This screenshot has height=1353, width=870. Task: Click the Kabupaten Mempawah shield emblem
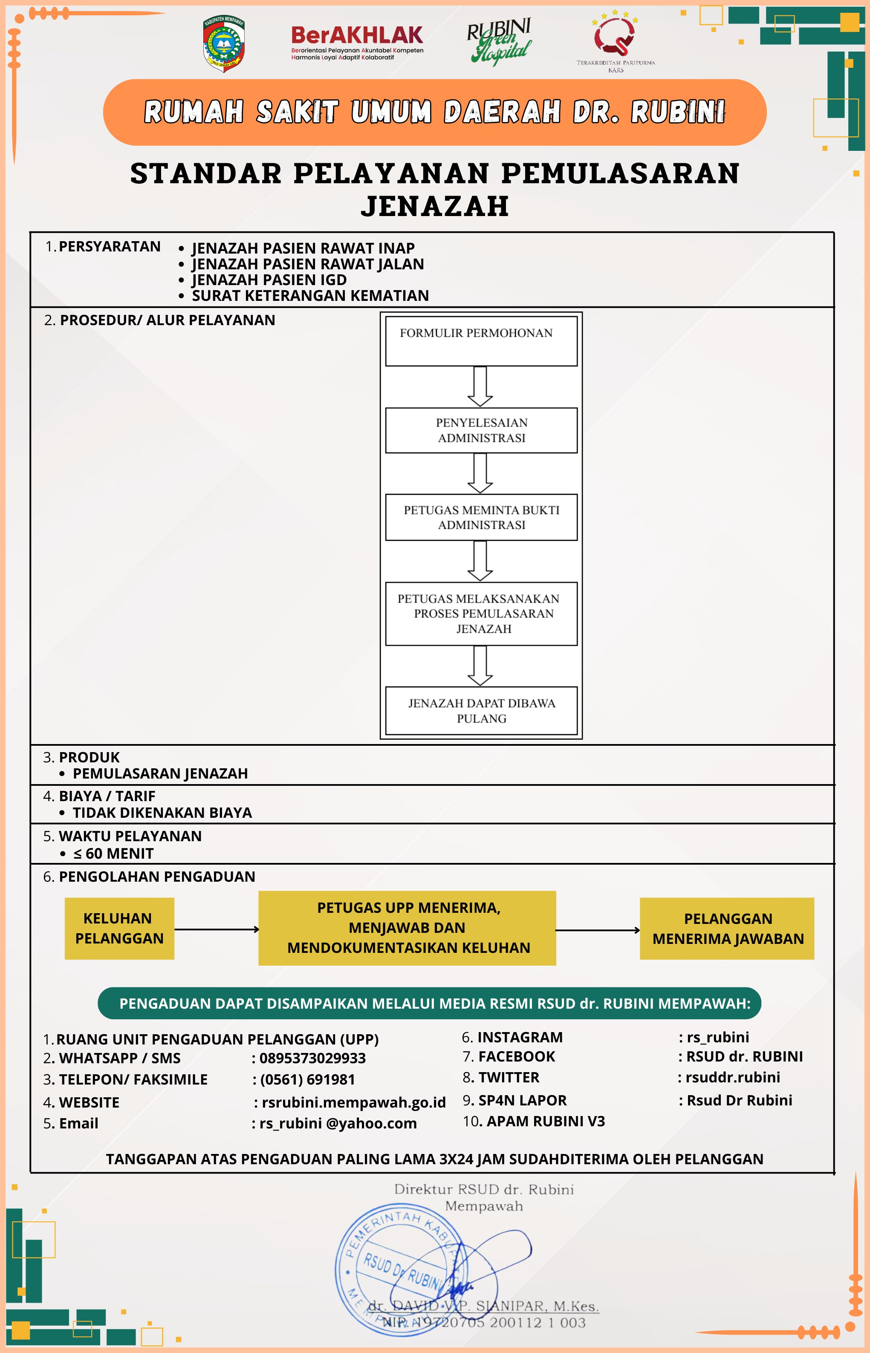coord(224,43)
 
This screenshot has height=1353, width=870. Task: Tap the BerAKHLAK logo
coord(357,42)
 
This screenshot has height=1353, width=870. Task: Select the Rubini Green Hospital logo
coord(500,40)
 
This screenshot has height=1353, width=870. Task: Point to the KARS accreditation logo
coord(615,40)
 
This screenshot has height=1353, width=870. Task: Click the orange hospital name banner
coord(434,112)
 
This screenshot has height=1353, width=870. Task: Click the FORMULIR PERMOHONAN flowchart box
coord(481,340)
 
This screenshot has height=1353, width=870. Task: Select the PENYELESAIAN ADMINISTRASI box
coord(481,430)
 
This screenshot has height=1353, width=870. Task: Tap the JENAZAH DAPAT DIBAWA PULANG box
coord(481,710)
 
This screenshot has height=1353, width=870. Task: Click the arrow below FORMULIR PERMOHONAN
coord(480,386)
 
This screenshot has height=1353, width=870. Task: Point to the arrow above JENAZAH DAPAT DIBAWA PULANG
coord(480,665)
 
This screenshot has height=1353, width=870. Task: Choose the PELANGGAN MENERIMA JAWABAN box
coord(727,929)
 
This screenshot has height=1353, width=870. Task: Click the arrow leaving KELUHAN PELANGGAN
coord(217,929)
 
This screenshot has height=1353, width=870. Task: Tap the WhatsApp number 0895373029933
coord(312,1058)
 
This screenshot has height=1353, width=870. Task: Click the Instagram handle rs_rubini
coord(717,1037)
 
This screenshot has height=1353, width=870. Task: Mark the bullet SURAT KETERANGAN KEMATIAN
coord(310,295)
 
